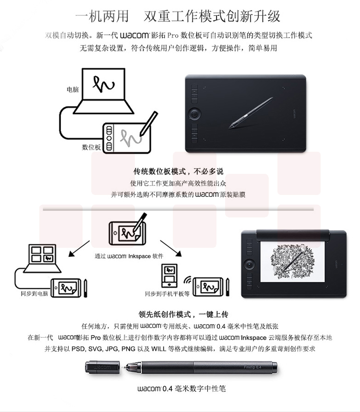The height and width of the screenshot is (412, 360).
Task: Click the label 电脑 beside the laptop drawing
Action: (73, 90)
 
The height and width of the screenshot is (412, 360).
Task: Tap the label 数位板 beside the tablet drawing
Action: (91, 147)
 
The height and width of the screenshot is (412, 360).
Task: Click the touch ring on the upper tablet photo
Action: (194, 113)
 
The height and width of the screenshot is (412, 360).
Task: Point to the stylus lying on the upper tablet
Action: (251, 113)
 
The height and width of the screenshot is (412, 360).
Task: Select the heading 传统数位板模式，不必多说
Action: (178, 171)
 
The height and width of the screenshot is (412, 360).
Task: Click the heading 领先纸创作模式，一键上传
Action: (183, 314)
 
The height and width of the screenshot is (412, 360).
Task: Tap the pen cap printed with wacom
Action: (102, 367)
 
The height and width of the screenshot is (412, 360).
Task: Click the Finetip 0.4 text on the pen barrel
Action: (252, 367)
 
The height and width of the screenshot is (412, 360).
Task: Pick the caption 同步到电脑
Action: (35, 293)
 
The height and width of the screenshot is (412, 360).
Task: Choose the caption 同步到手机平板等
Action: (167, 294)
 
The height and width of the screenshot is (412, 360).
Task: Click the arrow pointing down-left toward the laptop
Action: (79, 249)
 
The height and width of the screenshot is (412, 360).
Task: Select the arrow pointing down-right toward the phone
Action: (171, 248)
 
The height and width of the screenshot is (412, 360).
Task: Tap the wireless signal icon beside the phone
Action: (188, 280)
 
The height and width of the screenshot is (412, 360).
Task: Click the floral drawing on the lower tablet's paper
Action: (292, 262)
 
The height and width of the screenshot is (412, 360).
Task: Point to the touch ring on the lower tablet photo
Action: (250, 263)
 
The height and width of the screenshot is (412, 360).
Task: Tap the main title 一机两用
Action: (102, 16)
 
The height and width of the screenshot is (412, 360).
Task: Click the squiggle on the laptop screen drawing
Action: (104, 84)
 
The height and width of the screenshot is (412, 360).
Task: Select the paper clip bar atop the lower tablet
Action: (293, 235)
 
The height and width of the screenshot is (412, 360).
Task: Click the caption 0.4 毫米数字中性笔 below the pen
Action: (194, 388)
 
